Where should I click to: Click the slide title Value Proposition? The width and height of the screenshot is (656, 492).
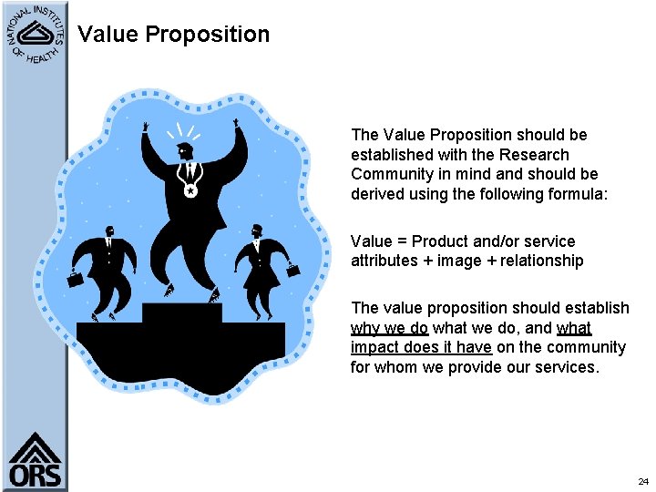(173, 35)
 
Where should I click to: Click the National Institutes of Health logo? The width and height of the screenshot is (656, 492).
(35, 34)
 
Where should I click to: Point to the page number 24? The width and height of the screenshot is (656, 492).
(642, 480)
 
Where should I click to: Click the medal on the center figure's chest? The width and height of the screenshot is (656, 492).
(190, 191)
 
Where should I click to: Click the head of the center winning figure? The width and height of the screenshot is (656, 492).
(186, 152)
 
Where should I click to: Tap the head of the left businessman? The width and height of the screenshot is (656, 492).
(109, 231)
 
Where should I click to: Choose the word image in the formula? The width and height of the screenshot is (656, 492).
(458, 261)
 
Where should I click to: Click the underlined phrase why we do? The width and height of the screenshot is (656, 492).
(389, 328)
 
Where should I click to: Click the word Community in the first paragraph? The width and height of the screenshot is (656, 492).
(391, 174)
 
